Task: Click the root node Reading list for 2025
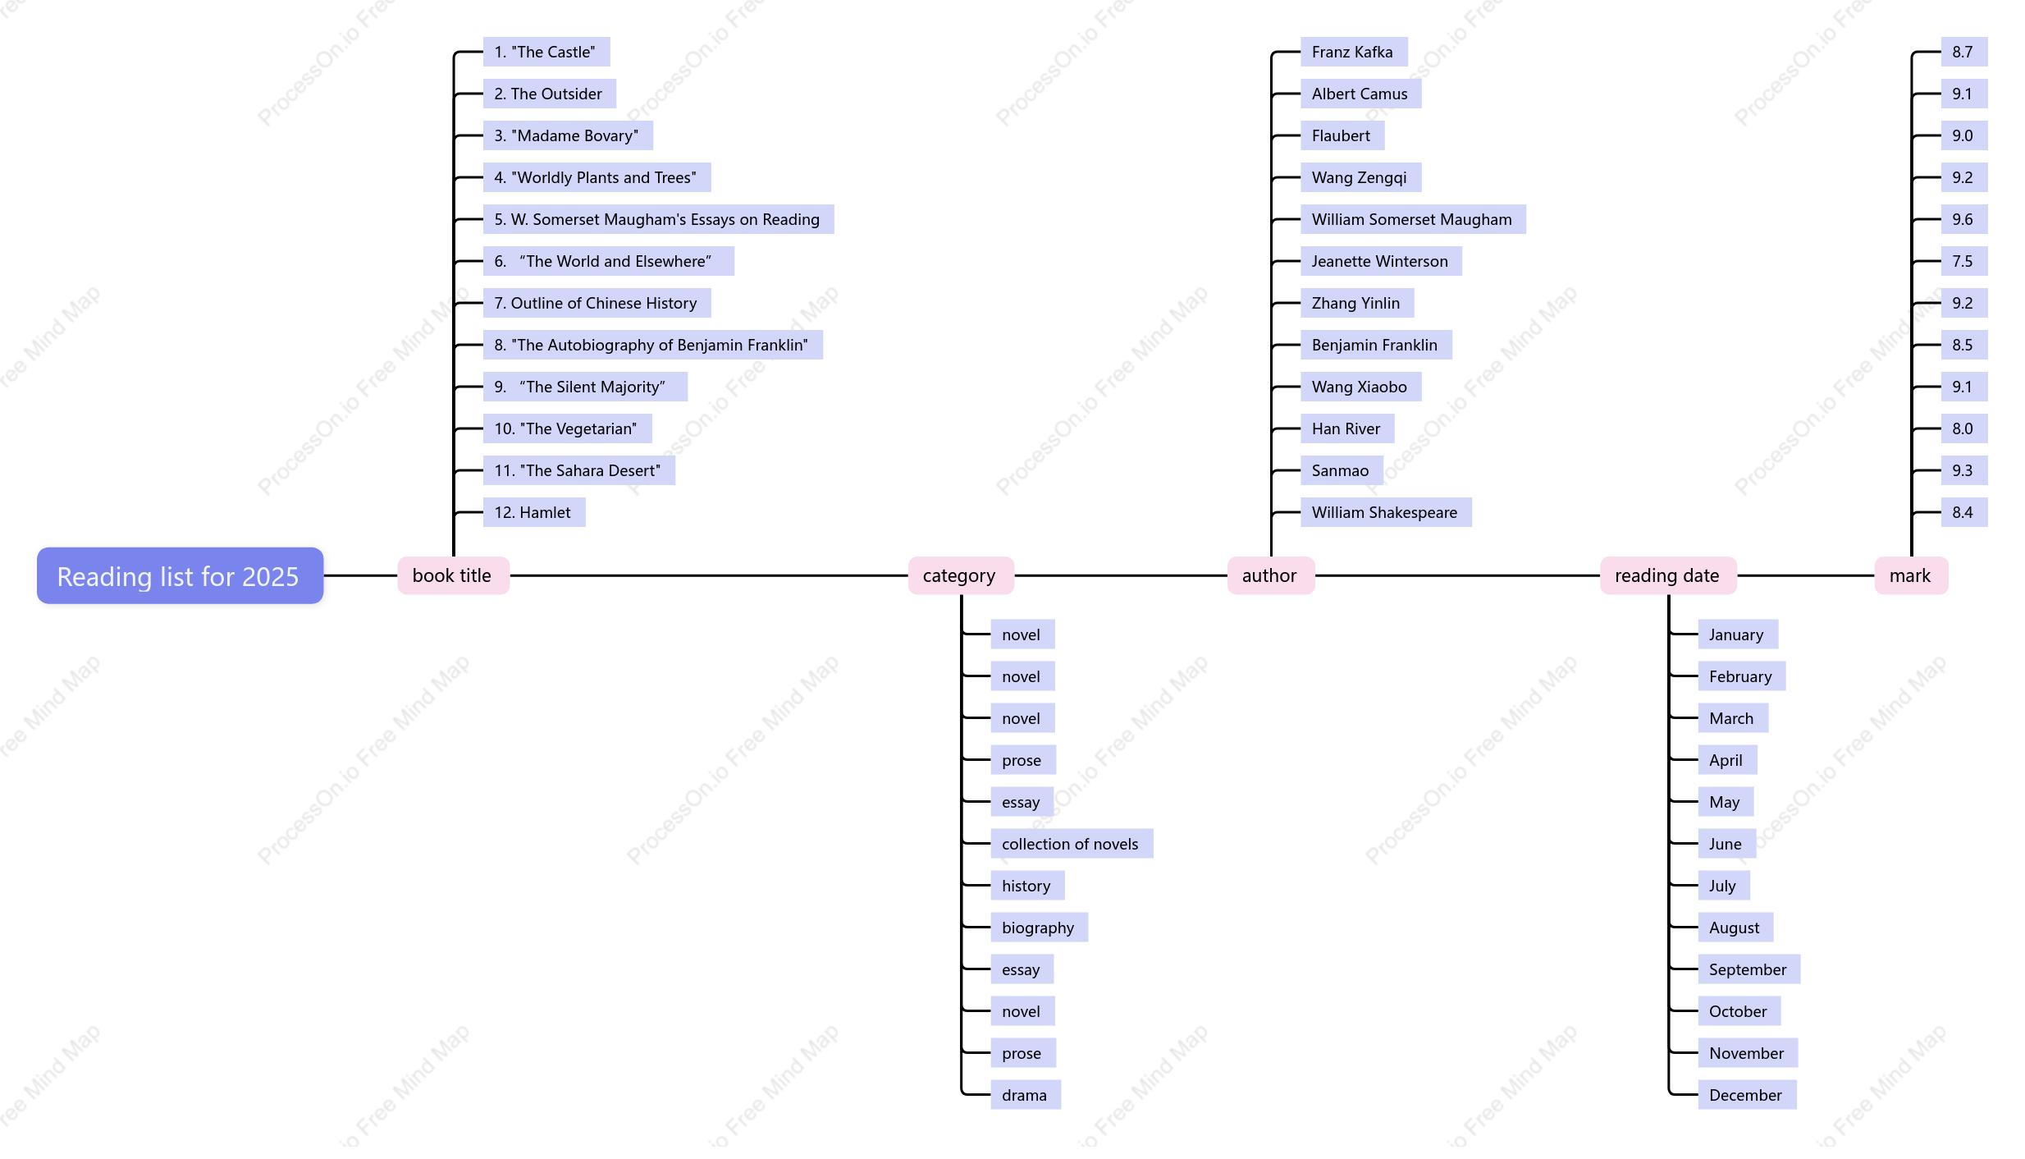(180, 575)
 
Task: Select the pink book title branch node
(453, 575)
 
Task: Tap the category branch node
(960, 575)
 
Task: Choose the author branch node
(1270, 575)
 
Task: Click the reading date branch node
(1667, 575)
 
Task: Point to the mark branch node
(1911, 575)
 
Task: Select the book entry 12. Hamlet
(533, 512)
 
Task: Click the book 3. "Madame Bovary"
(567, 135)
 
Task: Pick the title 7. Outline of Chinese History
(597, 303)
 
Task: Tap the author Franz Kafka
(1353, 52)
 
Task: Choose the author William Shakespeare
(1385, 512)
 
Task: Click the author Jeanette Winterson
(1380, 261)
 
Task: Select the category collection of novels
(1071, 844)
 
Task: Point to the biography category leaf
(1039, 928)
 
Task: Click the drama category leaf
(1025, 1095)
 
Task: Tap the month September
(1748, 969)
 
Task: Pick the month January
(1737, 634)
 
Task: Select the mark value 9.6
(1963, 219)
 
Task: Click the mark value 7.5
(1963, 261)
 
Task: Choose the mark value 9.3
(1963, 470)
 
